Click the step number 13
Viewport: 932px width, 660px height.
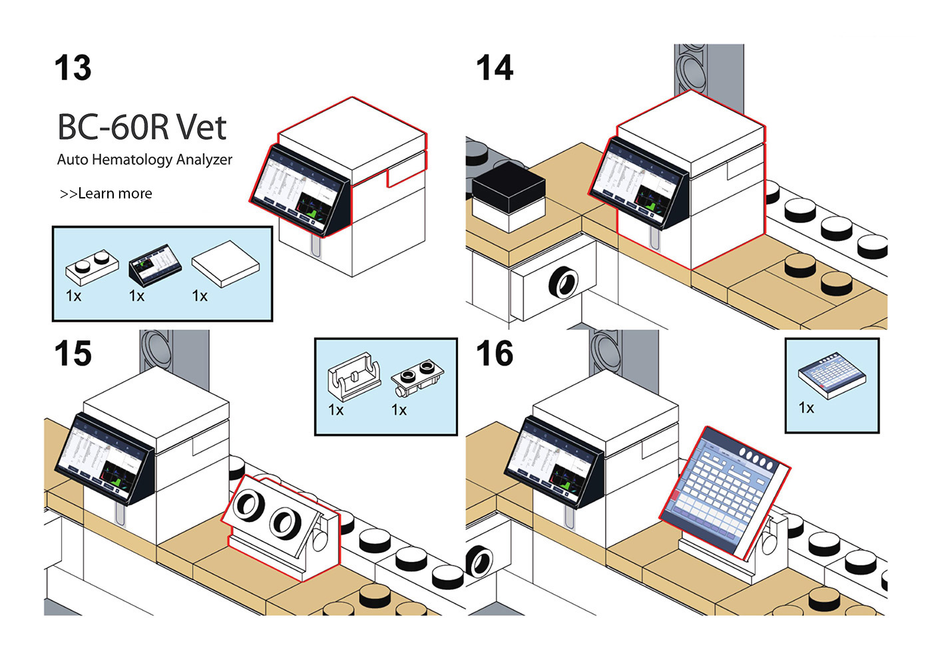[x=73, y=68]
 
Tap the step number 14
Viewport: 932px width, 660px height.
[x=495, y=68]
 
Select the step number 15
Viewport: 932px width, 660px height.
[x=73, y=353]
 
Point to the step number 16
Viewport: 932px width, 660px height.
[x=495, y=353]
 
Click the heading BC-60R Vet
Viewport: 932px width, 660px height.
[x=142, y=127]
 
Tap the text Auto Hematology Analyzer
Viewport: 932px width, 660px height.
[x=144, y=160]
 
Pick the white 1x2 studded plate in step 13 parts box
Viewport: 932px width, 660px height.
[x=93, y=267]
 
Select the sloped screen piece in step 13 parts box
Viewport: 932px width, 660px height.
[x=155, y=265]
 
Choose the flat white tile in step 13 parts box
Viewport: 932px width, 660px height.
[x=226, y=264]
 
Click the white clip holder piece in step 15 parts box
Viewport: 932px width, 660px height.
[x=354, y=376]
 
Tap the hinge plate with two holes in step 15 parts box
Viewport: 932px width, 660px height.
[x=417, y=380]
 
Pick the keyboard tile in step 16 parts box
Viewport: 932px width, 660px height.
[x=832, y=376]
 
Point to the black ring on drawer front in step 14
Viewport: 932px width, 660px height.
[x=563, y=282]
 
